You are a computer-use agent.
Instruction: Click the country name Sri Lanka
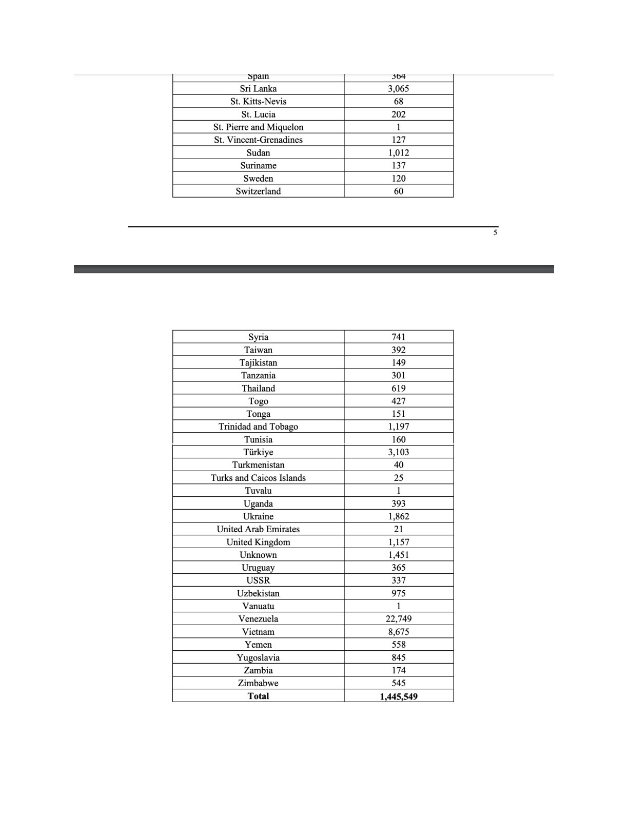[x=258, y=89]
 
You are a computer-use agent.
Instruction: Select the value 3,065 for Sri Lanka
[x=398, y=89]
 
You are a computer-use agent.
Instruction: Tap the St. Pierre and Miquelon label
[x=258, y=127]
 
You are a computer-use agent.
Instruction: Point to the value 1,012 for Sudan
[x=398, y=153]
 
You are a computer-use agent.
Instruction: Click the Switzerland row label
[x=258, y=191]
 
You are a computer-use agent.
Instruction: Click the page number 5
[x=495, y=233]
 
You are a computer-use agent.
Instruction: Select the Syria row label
[x=258, y=337]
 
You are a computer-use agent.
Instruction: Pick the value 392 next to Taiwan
[x=398, y=350]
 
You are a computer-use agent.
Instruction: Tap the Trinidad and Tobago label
[x=258, y=427]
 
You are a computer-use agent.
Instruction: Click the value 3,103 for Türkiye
[x=398, y=452]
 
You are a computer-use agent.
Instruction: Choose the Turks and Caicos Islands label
[x=258, y=478]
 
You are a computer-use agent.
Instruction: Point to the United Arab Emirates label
[x=258, y=529]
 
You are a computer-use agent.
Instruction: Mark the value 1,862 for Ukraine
[x=398, y=516]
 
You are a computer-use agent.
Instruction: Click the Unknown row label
[x=258, y=555]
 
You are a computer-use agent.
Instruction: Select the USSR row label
[x=258, y=580]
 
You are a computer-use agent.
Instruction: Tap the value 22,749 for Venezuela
[x=398, y=619]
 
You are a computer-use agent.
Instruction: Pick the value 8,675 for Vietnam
[x=398, y=632]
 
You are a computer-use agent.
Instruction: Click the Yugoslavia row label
[x=258, y=657]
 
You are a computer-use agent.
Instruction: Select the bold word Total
[x=258, y=696]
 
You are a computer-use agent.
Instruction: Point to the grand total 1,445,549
[x=398, y=696]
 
